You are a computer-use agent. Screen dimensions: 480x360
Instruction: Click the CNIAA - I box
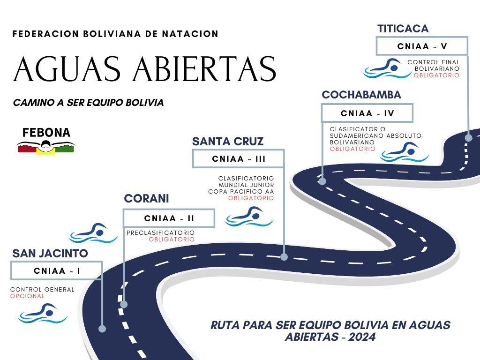(x=56, y=270)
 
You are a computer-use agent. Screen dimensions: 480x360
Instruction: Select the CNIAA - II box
(x=169, y=218)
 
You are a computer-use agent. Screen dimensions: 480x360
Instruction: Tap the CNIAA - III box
(x=239, y=158)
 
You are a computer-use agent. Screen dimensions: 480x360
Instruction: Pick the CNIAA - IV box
(x=367, y=113)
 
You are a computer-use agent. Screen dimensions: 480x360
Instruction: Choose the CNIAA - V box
(x=422, y=46)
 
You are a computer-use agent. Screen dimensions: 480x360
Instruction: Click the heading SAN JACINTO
(x=50, y=254)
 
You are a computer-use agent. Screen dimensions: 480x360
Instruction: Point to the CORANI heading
(x=146, y=199)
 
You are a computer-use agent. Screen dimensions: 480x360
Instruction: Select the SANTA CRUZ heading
(x=228, y=142)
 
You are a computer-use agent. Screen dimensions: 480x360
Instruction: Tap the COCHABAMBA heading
(x=361, y=95)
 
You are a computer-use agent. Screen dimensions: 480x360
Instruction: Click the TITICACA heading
(x=403, y=29)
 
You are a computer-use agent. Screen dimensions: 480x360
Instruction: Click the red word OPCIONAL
(x=28, y=296)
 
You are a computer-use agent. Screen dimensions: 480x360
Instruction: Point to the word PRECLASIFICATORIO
(x=160, y=232)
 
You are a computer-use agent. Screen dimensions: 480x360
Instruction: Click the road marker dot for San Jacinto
(x=102, y=329)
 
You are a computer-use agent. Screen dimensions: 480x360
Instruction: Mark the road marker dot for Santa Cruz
(x=284, y=257)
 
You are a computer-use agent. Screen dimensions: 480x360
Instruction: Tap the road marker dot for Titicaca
(x=468, y=138)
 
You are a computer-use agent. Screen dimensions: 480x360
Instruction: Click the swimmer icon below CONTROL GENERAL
(x=43, y=313)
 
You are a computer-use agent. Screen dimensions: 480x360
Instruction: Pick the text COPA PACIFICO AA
(x=241, y=191)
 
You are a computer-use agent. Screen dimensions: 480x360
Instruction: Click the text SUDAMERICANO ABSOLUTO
(x=375, y=135)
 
